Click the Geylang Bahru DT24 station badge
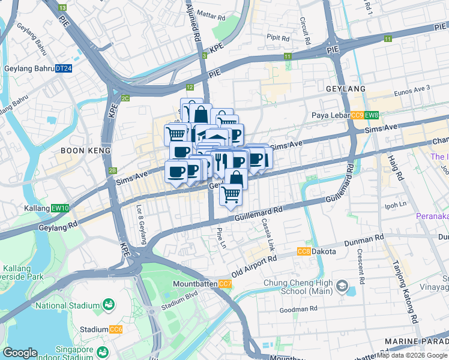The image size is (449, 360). [64, 69]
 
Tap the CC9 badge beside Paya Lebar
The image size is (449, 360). [357, 115]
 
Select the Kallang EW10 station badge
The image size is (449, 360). [61, 208]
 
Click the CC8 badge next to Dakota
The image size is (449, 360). [304, 251]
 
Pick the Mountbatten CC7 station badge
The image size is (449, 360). [225, 283]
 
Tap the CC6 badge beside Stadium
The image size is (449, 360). [116, 329]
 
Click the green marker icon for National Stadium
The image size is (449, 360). [109, 305]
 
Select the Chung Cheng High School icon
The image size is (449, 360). [343, 284]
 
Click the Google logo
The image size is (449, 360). [20, 353]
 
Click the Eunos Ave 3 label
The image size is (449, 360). [412, 89]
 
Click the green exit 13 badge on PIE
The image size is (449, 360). [63, 7]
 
